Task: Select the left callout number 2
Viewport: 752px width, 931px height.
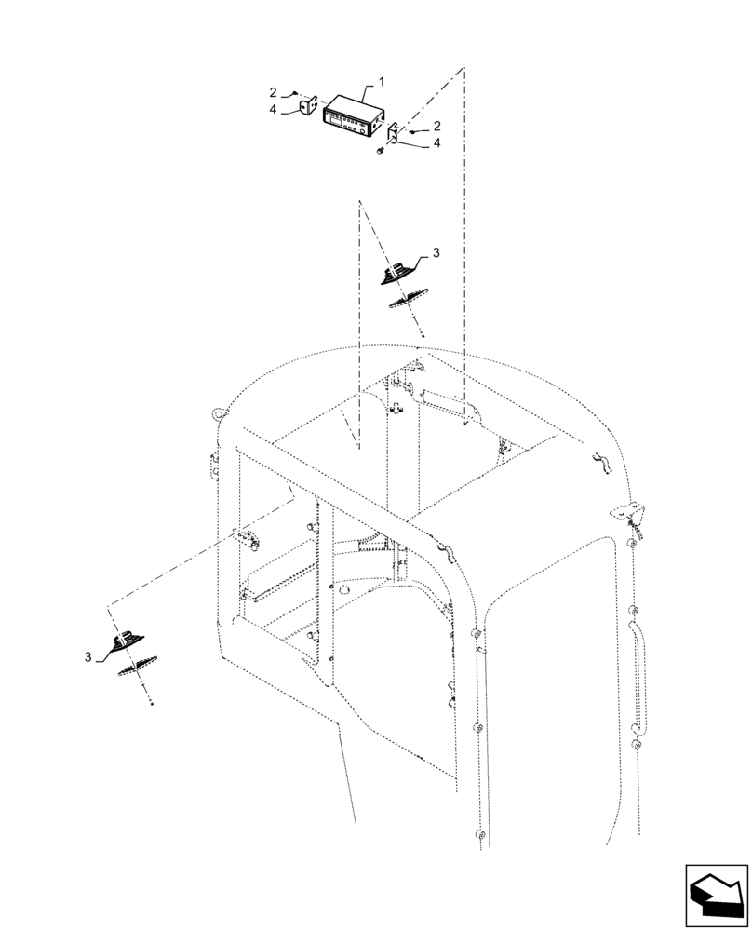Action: click(274, 93)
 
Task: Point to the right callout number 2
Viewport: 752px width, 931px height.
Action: click(437, 126)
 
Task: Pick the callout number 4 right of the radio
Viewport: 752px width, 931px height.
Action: click(437, 144)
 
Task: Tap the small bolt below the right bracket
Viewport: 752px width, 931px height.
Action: click(382, 153)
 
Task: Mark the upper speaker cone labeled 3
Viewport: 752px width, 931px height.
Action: click(397, 274)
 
